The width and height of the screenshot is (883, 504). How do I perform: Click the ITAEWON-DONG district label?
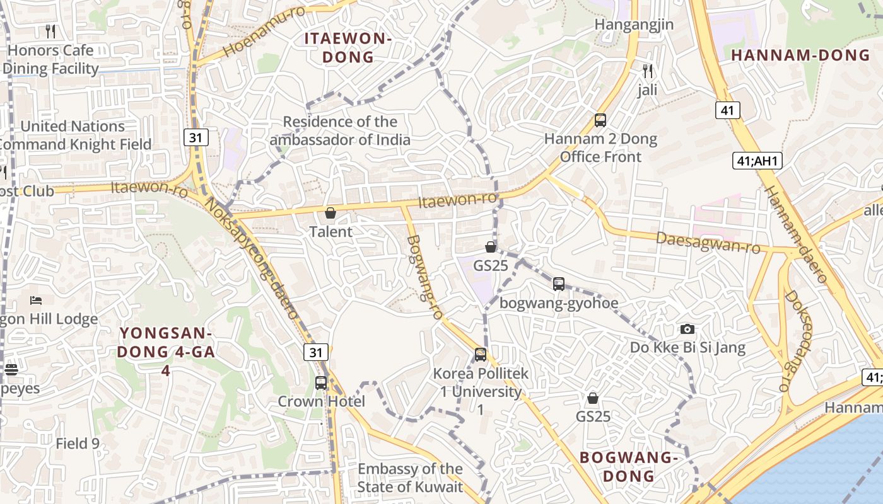pos(348,47)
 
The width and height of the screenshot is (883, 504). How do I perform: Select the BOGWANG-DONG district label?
pos(628,466)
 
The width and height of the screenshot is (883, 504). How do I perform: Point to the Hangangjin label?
pos(634,25)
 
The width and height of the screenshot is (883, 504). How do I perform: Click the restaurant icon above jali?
pos(647,71)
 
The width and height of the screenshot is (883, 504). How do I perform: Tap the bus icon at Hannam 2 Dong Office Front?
pos(600,120)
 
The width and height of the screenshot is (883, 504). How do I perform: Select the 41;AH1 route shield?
pos(757,161)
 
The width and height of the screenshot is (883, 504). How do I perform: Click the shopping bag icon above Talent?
pos(330,213)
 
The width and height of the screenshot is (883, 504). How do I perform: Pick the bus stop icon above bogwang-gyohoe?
pos(559,283)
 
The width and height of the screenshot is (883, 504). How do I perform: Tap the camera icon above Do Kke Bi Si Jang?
pos(687,329)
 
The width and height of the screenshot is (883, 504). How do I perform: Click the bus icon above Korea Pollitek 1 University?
pos(481,355)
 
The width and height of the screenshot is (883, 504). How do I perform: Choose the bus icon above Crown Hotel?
pos(321,382)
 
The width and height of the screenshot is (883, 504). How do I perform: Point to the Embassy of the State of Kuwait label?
pos(410,478)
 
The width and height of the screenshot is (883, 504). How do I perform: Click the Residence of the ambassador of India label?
pos(340,130)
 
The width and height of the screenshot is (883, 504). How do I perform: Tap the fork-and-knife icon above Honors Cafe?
pos(51,30)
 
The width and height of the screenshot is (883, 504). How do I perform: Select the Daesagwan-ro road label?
pos(708,242)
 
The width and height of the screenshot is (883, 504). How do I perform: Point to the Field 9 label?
pos(78,444)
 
